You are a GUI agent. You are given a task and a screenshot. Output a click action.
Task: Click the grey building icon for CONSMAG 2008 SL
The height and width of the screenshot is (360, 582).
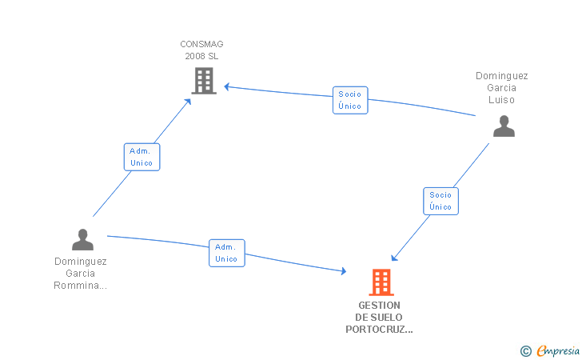[204, 81]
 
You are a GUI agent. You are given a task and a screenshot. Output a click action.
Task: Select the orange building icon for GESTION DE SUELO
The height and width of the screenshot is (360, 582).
[381, 282]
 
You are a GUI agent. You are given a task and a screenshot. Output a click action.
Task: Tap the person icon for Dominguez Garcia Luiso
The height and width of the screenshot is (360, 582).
[504, 126]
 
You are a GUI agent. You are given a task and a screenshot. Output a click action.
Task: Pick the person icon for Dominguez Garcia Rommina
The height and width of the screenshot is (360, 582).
[82, 240]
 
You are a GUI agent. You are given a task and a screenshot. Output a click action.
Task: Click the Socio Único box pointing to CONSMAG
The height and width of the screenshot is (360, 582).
[350, 100]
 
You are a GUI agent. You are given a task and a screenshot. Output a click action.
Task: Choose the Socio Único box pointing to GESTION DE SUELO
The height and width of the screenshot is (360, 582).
[440, 201]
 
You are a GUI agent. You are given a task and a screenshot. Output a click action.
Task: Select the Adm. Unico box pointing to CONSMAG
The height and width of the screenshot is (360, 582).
[142, 157]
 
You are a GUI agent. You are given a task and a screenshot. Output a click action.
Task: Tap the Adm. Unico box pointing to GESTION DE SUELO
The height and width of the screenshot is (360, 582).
[227, 253]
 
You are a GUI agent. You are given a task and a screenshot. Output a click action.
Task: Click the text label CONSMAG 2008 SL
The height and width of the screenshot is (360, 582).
[201, 50]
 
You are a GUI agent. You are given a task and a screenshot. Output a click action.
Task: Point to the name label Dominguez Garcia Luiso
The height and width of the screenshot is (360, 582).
[502, 88]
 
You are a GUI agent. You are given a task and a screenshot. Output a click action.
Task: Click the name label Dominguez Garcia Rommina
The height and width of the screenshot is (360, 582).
[80, 274]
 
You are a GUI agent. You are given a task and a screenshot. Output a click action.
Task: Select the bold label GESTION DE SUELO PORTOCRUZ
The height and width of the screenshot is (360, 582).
[379, 318]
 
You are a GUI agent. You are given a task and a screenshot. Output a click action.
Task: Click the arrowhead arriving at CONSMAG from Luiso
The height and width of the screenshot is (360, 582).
[227, 87]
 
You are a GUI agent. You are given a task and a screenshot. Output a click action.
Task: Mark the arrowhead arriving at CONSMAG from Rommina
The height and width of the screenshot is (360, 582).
[188, 102]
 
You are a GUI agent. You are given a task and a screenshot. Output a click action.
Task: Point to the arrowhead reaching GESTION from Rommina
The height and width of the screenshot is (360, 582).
[343, 271]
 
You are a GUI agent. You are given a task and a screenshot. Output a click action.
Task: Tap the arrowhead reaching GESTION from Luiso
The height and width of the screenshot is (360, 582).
[394, 258]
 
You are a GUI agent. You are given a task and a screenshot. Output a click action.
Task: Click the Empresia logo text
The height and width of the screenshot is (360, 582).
[558, 350]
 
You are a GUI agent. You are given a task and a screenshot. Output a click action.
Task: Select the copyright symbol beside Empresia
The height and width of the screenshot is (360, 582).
[525, 351]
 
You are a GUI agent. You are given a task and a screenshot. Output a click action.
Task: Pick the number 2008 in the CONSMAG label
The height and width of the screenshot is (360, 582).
[194, 56]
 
